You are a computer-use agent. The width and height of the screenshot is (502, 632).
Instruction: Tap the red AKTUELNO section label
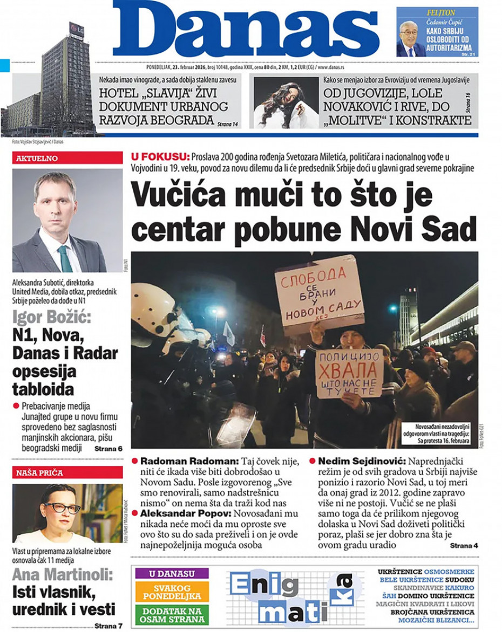[x=37, y=158]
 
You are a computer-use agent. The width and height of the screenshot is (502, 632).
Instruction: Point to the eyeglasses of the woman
[x=62, y=507]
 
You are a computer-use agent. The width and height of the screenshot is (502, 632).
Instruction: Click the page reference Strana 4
[x=464, y=546]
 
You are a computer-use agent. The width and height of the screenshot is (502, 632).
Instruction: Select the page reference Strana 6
[x=108, y=449]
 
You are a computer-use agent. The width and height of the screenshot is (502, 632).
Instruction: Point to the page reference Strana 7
[x=108, y=626]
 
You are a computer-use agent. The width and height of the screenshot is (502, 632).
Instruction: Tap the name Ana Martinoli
[x=62, y=574]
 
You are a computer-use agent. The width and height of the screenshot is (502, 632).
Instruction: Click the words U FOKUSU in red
[x=160, y=156]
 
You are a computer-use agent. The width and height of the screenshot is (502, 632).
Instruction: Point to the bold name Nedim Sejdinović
[x=361, y=462]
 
